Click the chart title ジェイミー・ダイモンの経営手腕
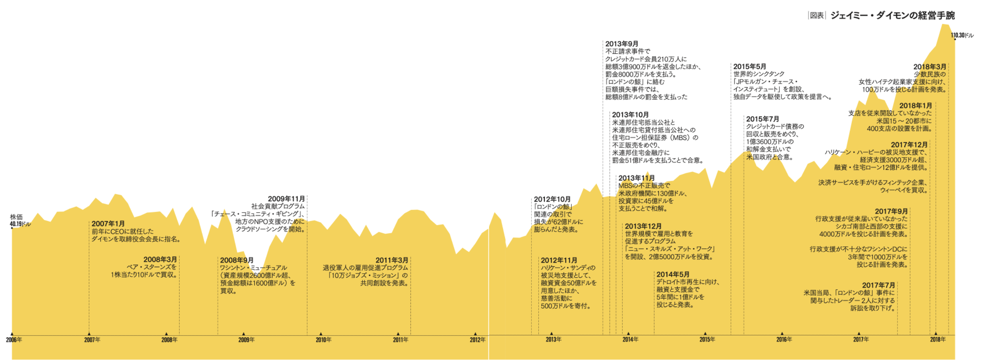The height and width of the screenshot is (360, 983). pos(892,15)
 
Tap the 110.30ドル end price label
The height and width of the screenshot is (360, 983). pos(962,35)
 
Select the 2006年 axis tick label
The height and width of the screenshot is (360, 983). pos(14,340)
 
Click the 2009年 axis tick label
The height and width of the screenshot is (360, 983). pos(246,340)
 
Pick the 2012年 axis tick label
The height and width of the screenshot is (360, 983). pos(477,340)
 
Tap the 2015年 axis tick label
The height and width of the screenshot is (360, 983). pos(707,339)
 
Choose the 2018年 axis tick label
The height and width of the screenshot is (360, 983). pos(938,339)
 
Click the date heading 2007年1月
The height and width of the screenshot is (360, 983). pos(108,224)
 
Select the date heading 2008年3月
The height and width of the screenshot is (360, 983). pos(160,259)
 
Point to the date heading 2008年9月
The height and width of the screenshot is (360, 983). pos(237,260)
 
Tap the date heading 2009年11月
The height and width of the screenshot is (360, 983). pos(286,199)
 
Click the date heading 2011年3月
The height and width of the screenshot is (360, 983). pos(392,260)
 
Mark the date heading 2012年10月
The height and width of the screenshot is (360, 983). pos(552,199)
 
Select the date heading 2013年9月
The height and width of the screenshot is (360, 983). pos(621,44)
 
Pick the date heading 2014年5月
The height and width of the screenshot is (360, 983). pos(673,274)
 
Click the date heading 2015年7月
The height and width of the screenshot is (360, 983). pos(762,119)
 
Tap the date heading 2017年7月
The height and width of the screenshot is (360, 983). pos(878,285)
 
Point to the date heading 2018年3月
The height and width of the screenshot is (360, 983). pos(930,67)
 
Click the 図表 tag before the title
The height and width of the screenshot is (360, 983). pos(816,15)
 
